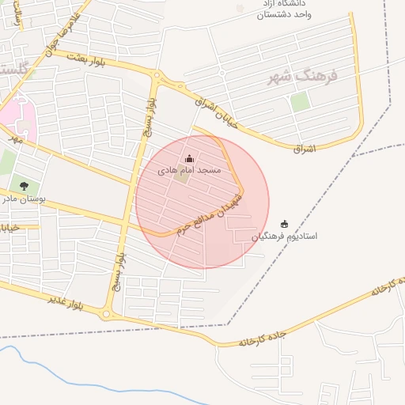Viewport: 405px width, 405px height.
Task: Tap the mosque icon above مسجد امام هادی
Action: tap(188, 159)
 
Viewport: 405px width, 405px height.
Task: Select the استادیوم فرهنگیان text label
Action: tap(285, 236)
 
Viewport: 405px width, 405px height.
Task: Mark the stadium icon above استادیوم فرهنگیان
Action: tap(285, 224)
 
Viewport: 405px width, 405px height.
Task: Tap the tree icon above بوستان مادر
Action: tap(24, 186)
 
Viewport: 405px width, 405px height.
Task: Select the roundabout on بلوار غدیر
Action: tap(106, 314)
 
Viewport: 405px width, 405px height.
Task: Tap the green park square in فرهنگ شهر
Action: tap(300, 101)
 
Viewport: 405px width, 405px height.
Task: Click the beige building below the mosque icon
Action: tap(182, 176)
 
